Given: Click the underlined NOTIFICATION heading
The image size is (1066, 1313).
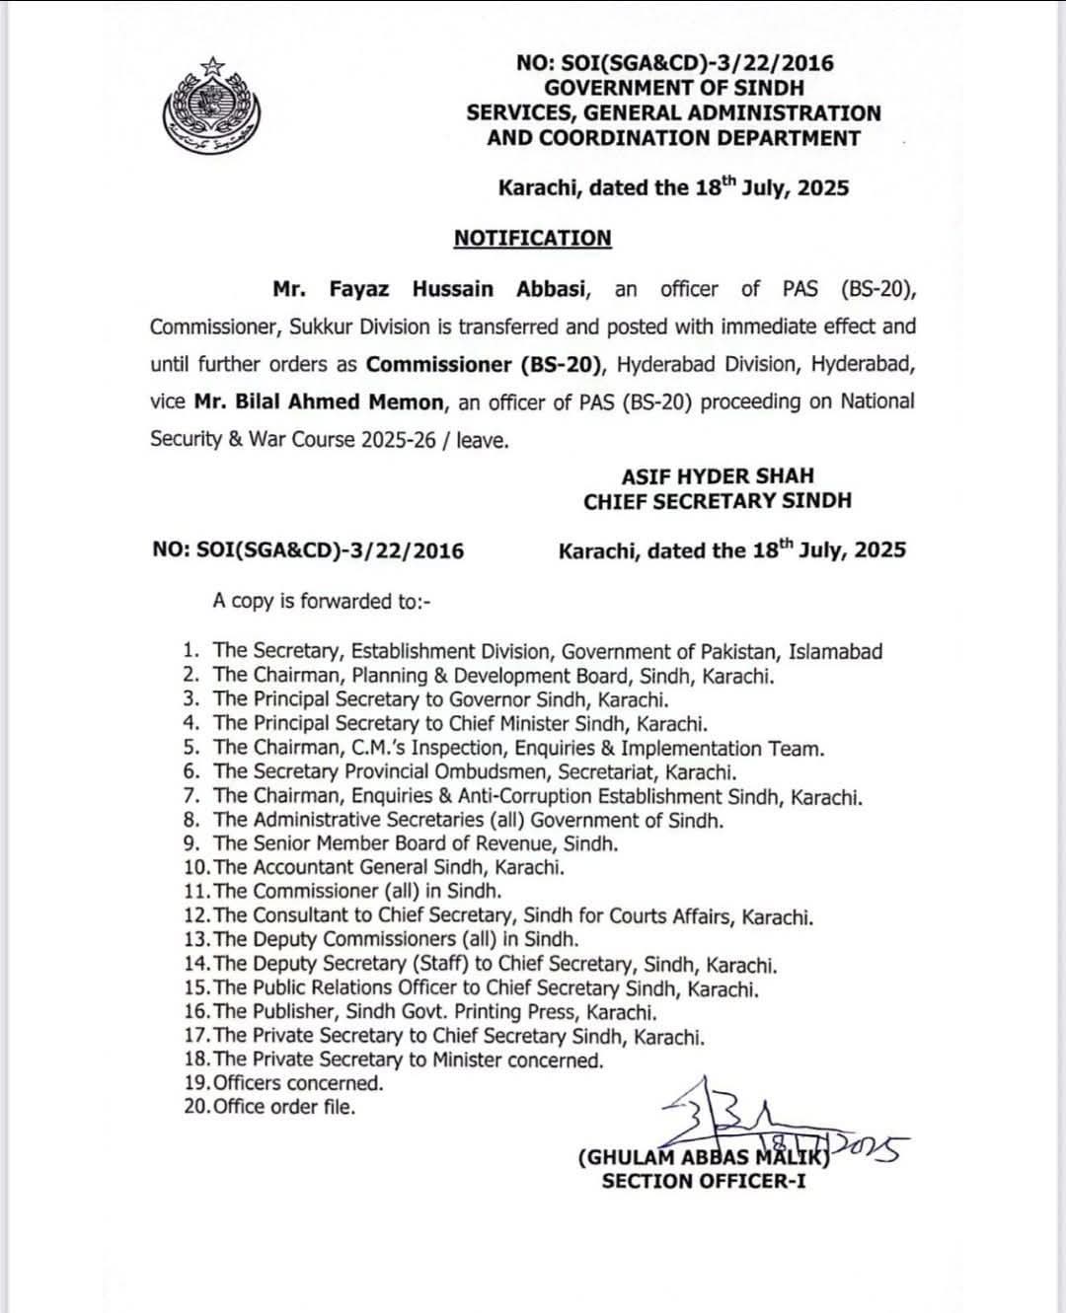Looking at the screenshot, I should pos(532,239).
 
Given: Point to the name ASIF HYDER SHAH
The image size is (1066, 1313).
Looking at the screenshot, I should pos(718,475).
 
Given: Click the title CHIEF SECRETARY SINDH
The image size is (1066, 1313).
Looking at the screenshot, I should pos(717,501).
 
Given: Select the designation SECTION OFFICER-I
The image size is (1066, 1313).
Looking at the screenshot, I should pos(703,1181).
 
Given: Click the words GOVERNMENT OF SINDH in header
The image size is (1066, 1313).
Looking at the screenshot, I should pos(674,89).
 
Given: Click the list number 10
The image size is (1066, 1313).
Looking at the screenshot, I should pos(194,868).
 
